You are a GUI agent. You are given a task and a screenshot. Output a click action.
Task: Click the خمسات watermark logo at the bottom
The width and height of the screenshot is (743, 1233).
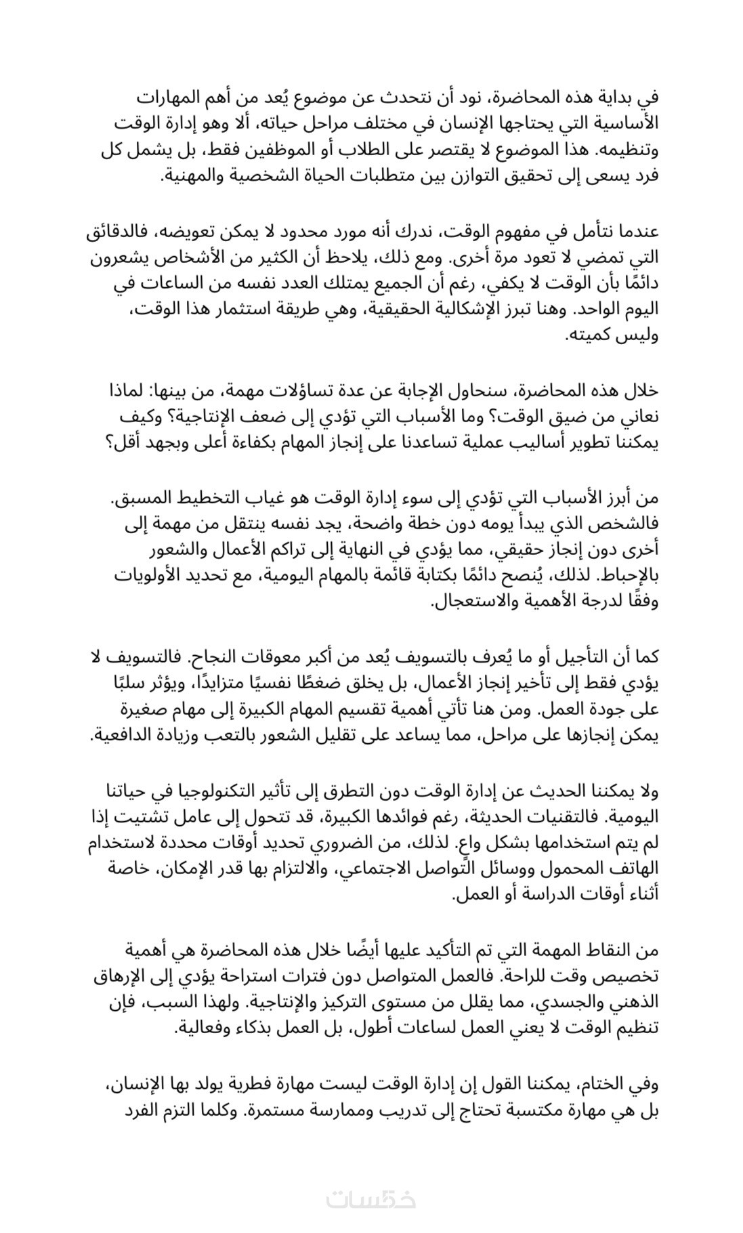pos(371,1199)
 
